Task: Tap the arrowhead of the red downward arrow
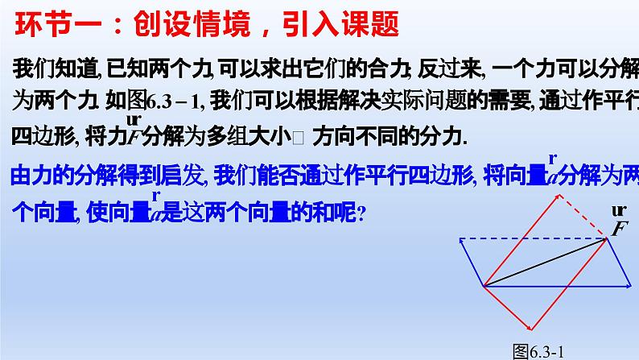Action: (x=529, y=326)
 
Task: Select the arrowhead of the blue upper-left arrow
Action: (x=461, y=241)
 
